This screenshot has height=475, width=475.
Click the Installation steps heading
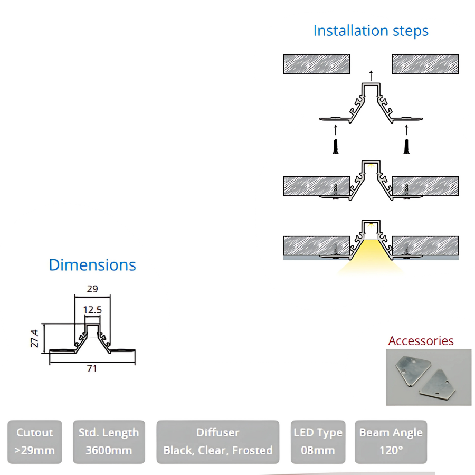[x=370, y=31]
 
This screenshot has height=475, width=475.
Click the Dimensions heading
[x=92, y=265]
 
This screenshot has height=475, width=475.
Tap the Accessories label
[x=421, y=341]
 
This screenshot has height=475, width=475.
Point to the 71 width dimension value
[x=92, y=368]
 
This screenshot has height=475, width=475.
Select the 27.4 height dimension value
[x=34, y=338]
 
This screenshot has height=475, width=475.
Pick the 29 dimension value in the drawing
[x=92, y=289]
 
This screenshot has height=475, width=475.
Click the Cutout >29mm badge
[x=35, y=442]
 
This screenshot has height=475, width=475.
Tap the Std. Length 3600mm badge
[x=108, y=442]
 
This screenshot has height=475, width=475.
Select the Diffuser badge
[x=217, y=442]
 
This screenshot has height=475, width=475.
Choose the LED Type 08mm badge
[x=318, y=442]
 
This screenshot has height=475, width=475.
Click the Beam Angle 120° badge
[x=391, y=442]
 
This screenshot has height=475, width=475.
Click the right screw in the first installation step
[x=406, y=146]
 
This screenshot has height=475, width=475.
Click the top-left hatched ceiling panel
[x=317, y=64]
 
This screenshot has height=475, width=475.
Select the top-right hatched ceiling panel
[x=425, y=64]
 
